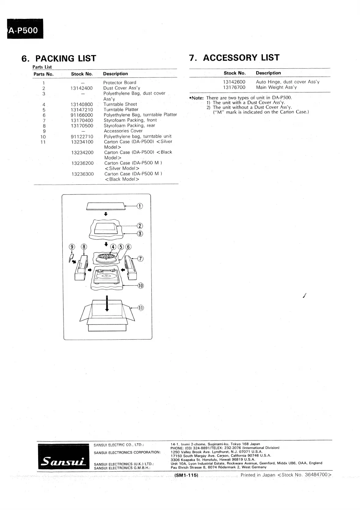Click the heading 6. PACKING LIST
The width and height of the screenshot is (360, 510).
click(59, 58)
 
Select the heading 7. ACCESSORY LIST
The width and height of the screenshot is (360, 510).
click(234, 58)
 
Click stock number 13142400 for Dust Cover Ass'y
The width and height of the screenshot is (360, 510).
click(81, 88)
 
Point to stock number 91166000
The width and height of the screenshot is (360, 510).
click(82, 115)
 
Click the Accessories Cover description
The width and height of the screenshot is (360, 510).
click(123, 131)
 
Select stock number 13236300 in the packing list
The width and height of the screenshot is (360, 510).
click(82, 174)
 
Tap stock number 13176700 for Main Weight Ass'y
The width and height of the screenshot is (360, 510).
click(234, 87)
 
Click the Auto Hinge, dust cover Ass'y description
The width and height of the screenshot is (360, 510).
click(288, 82)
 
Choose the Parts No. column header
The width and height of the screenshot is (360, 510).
click(43, 74)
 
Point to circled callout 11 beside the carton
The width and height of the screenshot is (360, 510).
click(140, 308)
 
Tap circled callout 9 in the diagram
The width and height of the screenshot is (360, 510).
click(72, 247)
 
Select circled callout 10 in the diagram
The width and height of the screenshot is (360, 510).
click(140, 286)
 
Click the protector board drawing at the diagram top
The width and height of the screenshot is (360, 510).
click(106, 206)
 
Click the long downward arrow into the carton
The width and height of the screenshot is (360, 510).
click(107, 303)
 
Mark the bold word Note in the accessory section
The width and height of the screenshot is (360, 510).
click(197, 98)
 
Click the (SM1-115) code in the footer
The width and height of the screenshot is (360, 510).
click(186, 475)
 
